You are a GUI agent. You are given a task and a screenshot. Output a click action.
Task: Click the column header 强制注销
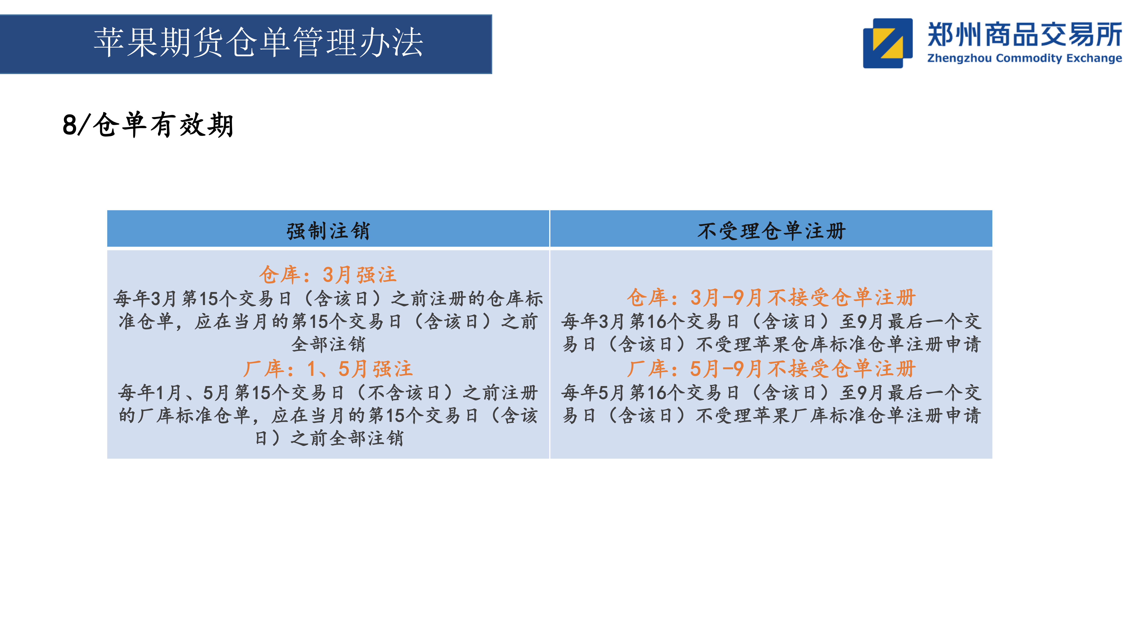[x=328, y=231]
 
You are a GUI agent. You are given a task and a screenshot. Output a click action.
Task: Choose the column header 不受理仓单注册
[x=771, y=231]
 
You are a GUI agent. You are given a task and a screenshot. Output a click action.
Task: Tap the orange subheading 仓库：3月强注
[x=328, y=275]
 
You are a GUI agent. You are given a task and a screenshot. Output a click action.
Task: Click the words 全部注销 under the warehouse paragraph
[x=328, y=344]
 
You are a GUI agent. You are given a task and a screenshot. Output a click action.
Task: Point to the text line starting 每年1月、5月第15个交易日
[x=328, y=392]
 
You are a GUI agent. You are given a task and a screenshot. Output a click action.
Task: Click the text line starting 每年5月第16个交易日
[x=771, y=392]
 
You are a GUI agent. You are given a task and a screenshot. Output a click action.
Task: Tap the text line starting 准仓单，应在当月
[x=328, y=322]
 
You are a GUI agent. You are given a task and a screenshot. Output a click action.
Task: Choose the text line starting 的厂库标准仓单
[x=328, y=415]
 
